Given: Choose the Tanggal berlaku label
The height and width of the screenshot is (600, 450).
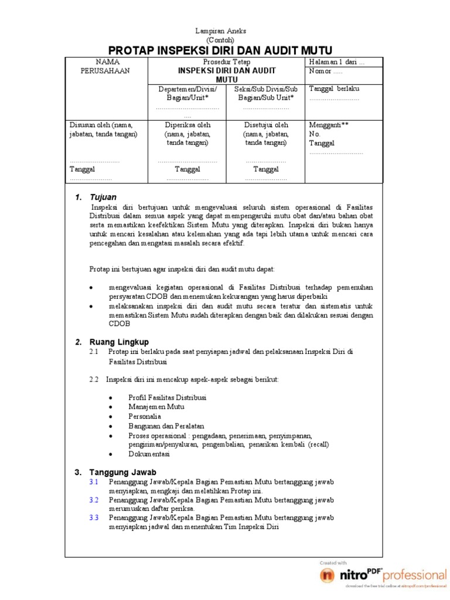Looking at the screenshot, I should (334, 88).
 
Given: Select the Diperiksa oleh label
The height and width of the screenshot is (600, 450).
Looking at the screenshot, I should (187, 125).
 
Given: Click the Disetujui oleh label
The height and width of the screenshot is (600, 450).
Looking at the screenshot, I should (266, 125).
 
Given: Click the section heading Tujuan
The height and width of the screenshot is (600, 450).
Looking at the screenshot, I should (103, 197).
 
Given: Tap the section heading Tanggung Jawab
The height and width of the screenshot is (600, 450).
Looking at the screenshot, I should (122, 472).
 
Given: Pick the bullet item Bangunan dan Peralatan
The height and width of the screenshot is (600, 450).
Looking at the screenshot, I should (166, 426).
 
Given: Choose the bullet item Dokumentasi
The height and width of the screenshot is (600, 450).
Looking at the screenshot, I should (149, 454).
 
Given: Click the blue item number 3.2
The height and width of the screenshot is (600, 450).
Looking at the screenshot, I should (94, 500).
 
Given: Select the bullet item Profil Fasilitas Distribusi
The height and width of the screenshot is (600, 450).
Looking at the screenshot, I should (167, 397).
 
